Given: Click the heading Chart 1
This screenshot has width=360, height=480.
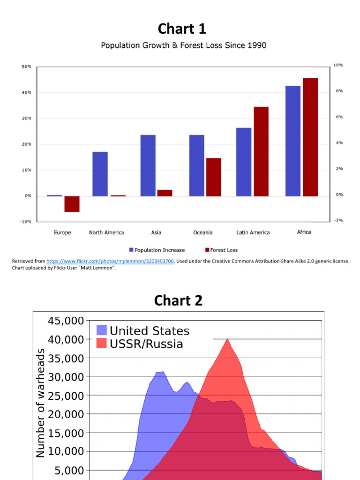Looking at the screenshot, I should (x=181, y=29).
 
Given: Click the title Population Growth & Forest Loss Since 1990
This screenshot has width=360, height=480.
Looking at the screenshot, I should (x=184, y=45).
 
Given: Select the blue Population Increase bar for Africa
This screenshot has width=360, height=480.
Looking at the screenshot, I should (x=292, y=141).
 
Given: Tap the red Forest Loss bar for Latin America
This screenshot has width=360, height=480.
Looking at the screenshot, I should (x=261, y=151).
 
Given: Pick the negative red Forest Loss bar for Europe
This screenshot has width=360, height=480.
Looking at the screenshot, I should (x=72, y=204).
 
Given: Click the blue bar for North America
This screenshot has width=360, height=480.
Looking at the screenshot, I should (x=100, y=174).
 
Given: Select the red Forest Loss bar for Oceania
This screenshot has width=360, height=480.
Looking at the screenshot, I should (x=213, y=177).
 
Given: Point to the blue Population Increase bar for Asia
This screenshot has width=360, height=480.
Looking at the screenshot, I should (x=148, y=165).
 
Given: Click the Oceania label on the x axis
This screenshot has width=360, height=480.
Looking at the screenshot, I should (x=202, y=232).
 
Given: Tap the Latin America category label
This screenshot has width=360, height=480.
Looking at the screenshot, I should (x=253, y=232).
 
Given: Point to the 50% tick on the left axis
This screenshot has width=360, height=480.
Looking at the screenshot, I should (x=26, y=67).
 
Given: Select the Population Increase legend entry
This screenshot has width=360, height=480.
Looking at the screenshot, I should (x=157, y=250).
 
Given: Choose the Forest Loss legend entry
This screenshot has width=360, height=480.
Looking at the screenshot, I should (x=221, y=250).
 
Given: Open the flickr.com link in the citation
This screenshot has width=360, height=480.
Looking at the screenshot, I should (x=110, y=261).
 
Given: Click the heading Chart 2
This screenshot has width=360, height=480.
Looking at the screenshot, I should (x=179, y=300).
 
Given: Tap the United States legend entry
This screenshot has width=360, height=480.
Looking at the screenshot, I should (x=143, y=331).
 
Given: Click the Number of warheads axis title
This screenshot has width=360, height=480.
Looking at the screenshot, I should (x=41, y=403).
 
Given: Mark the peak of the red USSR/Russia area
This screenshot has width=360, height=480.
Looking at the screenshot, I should (x=227, y=339).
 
